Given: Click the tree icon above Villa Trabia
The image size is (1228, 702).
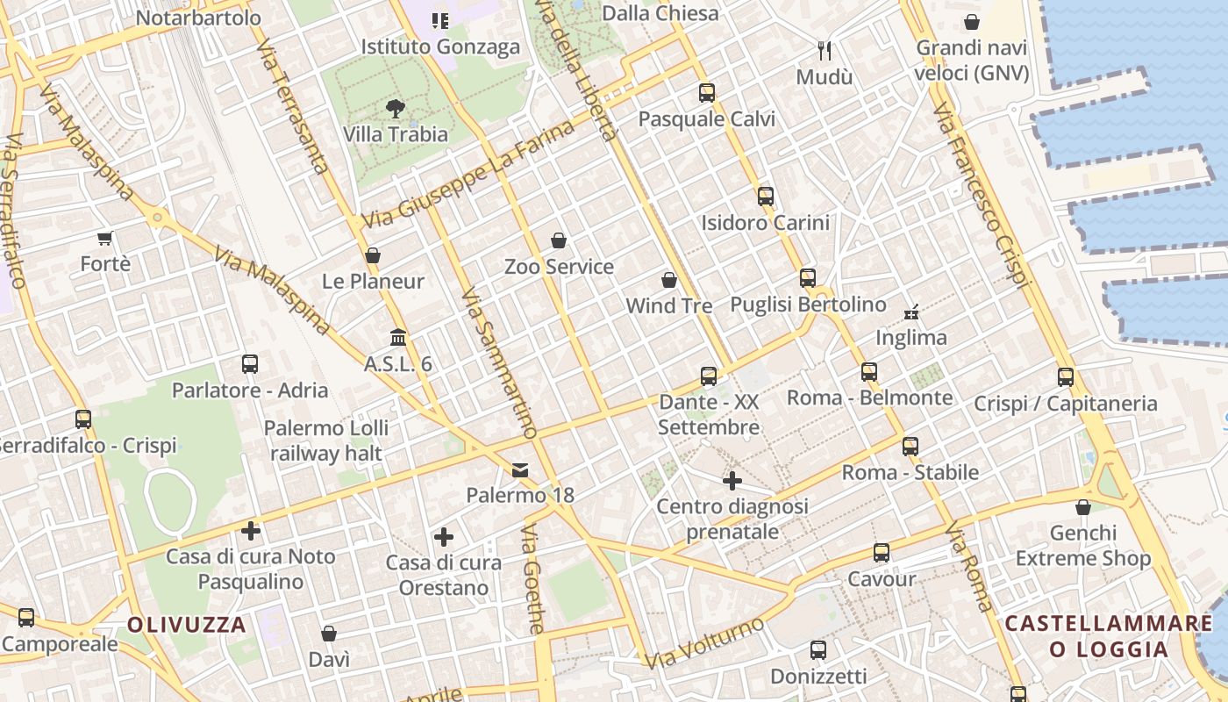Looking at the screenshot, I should coord(396,109).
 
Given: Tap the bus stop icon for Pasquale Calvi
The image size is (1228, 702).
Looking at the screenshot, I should coord(707,93).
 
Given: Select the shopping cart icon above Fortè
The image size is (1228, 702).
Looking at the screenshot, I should coord(105,238).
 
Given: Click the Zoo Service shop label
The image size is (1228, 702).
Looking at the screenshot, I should coord(559,267).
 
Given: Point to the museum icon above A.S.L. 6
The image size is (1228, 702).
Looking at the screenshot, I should coord(398,338).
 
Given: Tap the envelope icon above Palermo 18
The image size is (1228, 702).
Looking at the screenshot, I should coord(521,469).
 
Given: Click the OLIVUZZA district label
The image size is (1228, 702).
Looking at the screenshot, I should coord(186,625).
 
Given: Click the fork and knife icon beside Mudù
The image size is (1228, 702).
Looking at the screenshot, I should coord(824,51).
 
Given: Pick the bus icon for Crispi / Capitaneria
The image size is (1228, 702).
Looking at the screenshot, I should coord(1066,377).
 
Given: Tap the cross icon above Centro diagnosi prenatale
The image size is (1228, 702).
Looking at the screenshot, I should coord(732,481).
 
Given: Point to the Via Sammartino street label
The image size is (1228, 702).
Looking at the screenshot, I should coord(498,362).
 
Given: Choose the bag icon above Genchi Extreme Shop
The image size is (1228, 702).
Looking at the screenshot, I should coord(1083,507).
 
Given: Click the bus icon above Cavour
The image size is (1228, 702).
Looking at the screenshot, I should coord(882,553).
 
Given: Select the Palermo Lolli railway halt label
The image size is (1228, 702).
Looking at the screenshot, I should coord(325,441).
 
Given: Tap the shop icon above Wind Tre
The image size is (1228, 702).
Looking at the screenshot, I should coord(669,280).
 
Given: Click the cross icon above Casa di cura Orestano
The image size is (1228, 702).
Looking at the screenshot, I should coord(444,537).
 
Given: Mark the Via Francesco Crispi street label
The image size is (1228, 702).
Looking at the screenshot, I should coord(981,195).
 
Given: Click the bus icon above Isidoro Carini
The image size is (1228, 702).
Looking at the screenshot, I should coord(766,197).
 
